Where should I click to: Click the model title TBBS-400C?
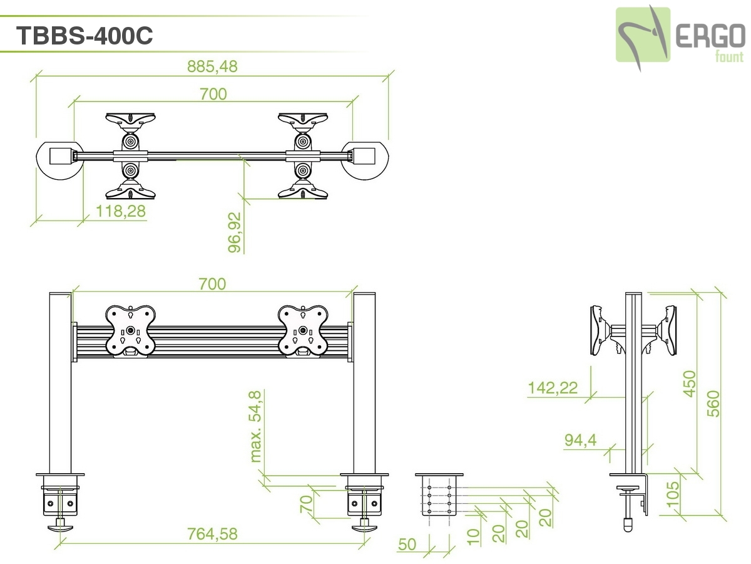[x=84, y=36]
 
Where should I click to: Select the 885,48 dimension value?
[x=213, y=66]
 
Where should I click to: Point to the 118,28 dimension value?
[x=121, y=211]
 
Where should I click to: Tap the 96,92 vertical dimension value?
[x=235, y=232]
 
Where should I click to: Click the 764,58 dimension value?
[x=213, y=534]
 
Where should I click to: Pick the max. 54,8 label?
[x=255, y=426]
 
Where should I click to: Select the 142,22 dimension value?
[x=553, y=388]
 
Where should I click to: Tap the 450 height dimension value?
[x=689, y=384]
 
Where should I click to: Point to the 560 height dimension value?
[x=714, y=403]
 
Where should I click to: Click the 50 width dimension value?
[x=407, y=544]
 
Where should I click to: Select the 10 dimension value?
[x=473, y=535]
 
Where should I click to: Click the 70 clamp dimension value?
[x=306, y=504]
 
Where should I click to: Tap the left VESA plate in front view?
[x=130, y=330]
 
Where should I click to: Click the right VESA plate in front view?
[x=303, y=330]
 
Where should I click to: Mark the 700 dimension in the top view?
[x=213, y=94]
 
